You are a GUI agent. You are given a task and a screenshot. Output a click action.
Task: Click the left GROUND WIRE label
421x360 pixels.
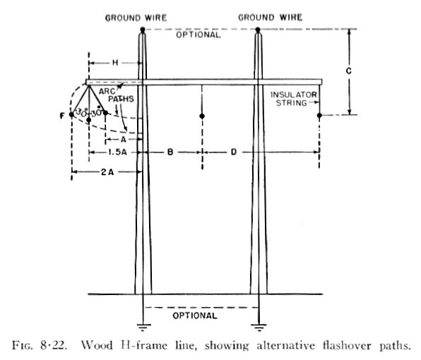pyautogui.click(x=136, y=18)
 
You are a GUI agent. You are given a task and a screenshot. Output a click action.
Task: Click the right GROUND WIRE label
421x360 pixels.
pyautogui.click(x=270, y=18)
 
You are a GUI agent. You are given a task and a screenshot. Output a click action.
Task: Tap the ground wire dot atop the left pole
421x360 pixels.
pyautogui.click(x=143, y=29)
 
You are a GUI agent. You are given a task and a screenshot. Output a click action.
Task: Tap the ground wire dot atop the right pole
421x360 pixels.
pyautogui.click(x=258, y=30)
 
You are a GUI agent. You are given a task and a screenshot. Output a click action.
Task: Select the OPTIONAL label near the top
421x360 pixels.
pyautogui.click(x=198, y=35)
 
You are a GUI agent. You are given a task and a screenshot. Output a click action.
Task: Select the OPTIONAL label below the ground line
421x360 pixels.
pyautogui.click(x=195, y=316)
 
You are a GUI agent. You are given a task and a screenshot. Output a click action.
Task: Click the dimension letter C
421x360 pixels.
pyautogui.click(x=349, y=71)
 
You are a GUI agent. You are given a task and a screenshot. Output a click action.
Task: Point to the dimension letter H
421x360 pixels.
pyautogui.click(x=115, y=63)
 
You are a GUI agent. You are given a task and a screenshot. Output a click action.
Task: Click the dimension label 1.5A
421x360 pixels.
pyautogui.click(x=117, y=152)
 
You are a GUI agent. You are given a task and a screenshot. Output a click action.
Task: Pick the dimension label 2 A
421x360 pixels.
pyautogui.click(x=107, y=172)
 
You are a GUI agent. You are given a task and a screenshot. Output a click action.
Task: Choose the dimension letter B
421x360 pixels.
pyautogui.click(x=170, y=152)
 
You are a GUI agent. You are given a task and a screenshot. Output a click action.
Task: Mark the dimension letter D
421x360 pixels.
pyautogui.click(x=234, y=152)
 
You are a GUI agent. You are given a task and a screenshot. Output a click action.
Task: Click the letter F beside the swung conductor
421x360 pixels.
pyautogui.click(x=62, y=116)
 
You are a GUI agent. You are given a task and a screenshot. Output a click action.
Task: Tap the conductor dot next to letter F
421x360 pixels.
pyautogui.click(x=71, y=114)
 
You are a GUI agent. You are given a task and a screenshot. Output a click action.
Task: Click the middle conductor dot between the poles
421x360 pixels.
pyautogui.click(x=202, y=116)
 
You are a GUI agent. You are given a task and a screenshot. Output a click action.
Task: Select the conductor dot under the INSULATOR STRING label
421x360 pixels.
pyautogui.click(x=319, y=115)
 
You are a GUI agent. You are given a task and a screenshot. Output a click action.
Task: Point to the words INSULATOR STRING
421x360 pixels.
pyautogui.click(x=293, y=99)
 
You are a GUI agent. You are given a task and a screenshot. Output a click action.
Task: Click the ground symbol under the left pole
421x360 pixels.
pyautogui.click(x=143, y=328)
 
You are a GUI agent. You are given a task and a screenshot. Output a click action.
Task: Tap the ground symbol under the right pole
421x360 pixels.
pyautogui.click(x=259, y=328)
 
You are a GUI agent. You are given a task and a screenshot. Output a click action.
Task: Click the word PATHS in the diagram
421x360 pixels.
pyautogui.click(x=121, y=99)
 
